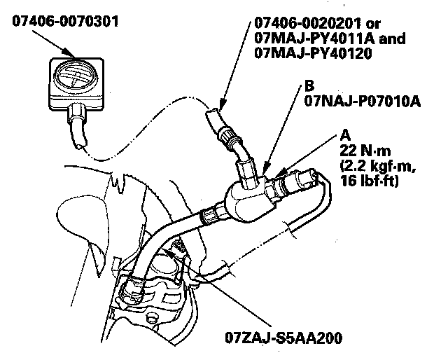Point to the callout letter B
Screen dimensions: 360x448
point(309,88)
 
